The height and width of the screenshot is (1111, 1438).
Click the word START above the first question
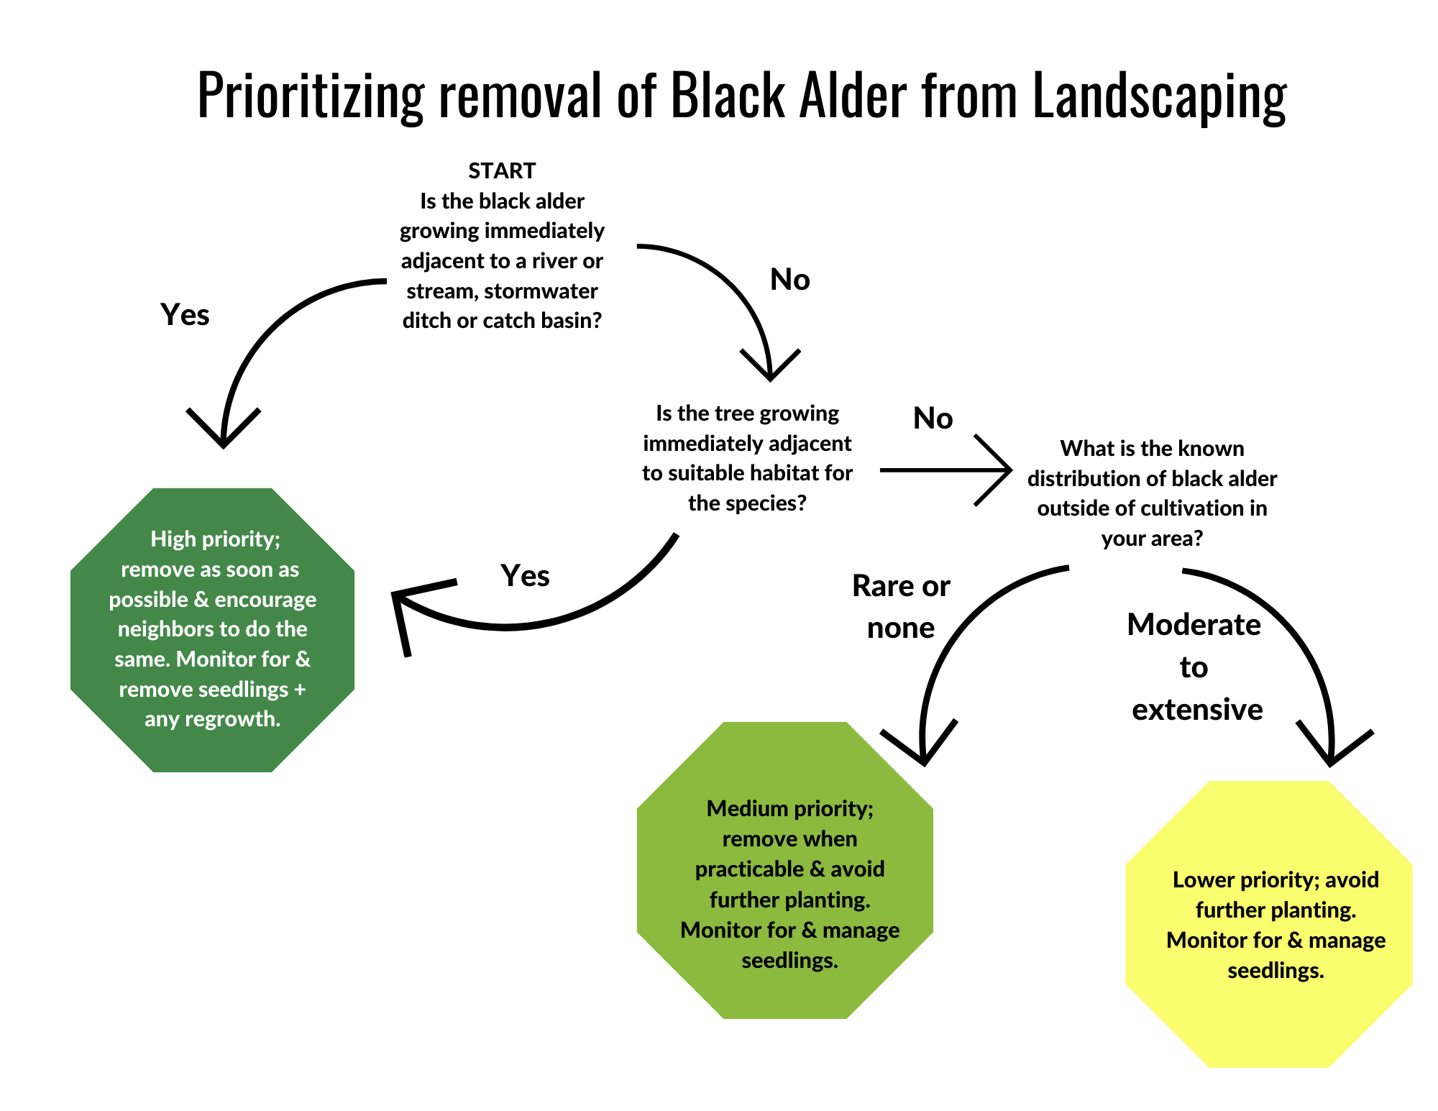[502, 170]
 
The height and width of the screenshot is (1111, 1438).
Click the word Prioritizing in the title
[311, 96]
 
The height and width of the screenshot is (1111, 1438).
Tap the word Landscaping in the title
[1159, 96]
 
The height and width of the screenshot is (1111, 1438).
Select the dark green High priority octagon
[212, 629]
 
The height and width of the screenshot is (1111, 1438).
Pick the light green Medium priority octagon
[785, 870]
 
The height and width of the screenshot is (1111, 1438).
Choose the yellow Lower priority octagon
[1269, 924]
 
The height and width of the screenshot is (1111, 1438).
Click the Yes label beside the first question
[185, 315]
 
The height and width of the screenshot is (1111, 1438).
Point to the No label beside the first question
[789, 280]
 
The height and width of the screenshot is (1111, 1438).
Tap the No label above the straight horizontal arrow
[933, 419]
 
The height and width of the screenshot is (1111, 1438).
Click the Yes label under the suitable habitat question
[525, 576]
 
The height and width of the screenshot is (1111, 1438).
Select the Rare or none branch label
[901, 607]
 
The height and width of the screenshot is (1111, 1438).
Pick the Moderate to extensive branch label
[1195, 667]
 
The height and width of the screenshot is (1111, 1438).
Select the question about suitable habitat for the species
[747, 458]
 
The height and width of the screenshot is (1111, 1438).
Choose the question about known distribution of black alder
[1152, 493]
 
